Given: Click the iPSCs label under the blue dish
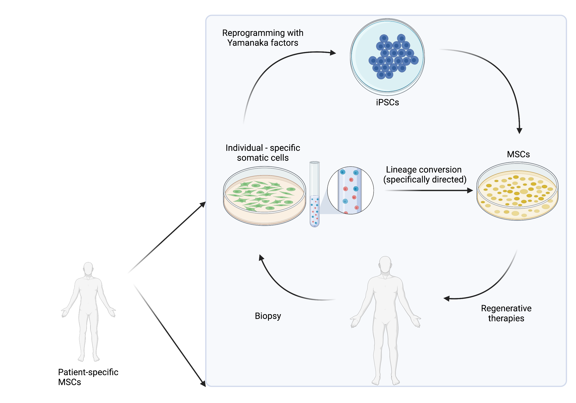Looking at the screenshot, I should [x=387, y=102].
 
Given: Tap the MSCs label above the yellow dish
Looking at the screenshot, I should [x=518, y=154].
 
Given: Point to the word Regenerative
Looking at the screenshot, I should [x=506, y=308].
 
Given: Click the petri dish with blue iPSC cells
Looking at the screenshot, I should [x=387, y=57].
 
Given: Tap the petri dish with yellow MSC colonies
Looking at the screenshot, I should [x=517, y=191].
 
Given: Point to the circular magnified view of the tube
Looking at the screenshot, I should [x=350, y=190].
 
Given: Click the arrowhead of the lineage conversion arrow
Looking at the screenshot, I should [x=470, y=191].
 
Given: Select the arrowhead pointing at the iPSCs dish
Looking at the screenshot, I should [x=333, y=53].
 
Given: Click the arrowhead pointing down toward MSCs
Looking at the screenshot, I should [x=519, y=131].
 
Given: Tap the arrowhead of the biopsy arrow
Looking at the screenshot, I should [x=261, y=258].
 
